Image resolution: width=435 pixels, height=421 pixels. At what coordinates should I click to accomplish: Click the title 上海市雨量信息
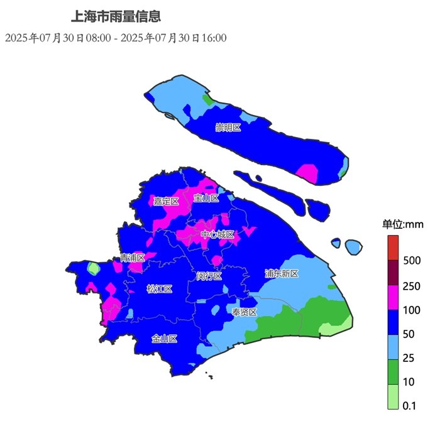point(117,16)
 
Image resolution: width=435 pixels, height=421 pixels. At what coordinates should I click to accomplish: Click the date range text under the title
point(116,38)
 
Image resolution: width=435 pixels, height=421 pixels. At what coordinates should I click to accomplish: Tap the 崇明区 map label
point(228,128)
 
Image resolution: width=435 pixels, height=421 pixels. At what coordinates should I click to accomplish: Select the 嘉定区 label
point(167,201)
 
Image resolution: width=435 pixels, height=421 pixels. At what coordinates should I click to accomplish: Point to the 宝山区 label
point(206,198)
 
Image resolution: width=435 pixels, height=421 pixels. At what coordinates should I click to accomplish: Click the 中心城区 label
point(217,234)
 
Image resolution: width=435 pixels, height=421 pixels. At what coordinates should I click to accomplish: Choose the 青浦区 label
point(133,258)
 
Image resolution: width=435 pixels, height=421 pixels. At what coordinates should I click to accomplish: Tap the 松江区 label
point(159,288)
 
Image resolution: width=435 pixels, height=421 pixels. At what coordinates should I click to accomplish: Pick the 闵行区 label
point(209,276)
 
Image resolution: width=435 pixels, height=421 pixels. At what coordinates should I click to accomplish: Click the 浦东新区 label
point(281,273)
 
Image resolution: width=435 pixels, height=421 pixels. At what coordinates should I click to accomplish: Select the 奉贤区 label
point(244,312)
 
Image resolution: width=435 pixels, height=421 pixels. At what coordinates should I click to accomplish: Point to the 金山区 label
point(164,338)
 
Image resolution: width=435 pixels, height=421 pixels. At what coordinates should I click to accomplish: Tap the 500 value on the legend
point(412,260)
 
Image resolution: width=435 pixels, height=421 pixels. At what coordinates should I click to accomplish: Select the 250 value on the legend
point(412,286)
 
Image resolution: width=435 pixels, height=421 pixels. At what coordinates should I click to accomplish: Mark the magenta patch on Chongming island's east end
point(307,173)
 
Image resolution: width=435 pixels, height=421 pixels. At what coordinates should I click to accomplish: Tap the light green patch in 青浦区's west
point(93,269)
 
